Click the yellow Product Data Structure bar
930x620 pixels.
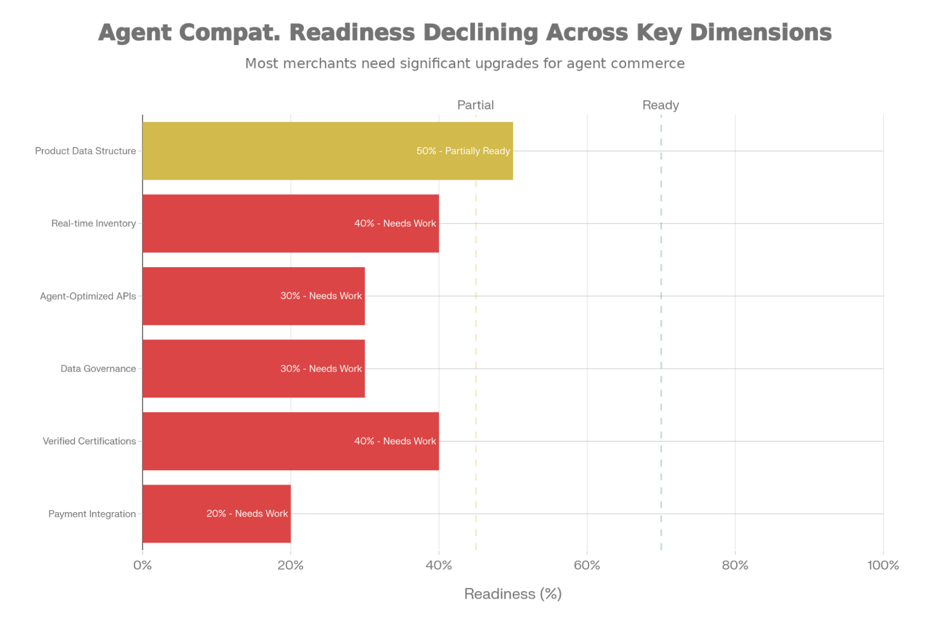[279, 151]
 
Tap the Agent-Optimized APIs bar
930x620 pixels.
[209, 296]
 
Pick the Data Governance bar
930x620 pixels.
[209, 368]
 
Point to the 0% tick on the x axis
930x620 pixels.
[142, 565]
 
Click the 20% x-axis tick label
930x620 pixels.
[290, 565]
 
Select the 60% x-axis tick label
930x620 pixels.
[587, 565]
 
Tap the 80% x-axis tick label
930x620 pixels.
[735, 565]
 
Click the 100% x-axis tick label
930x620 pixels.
[883, 565]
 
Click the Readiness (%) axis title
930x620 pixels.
[513, 594]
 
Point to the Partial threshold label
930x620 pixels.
[475, 105]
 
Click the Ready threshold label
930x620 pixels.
[660, 105]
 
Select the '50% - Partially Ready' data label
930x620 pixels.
[463, 151]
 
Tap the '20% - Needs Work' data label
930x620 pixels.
[247, 513]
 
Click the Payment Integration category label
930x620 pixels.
[92, 514]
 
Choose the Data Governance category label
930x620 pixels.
[98, 369]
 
